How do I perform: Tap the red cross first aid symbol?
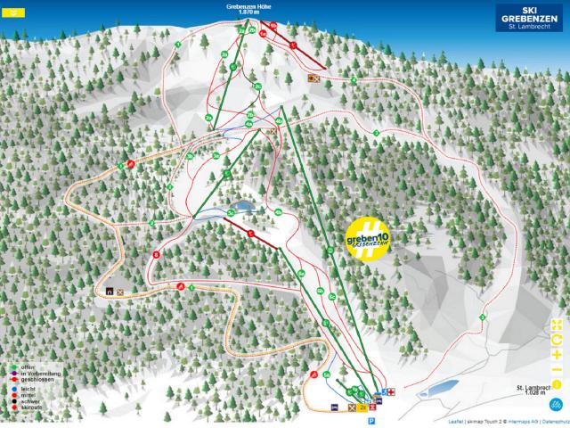389,391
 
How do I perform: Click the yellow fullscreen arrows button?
557,324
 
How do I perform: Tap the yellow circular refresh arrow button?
557,340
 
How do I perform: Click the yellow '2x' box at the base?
362,407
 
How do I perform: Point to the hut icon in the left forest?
110,291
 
